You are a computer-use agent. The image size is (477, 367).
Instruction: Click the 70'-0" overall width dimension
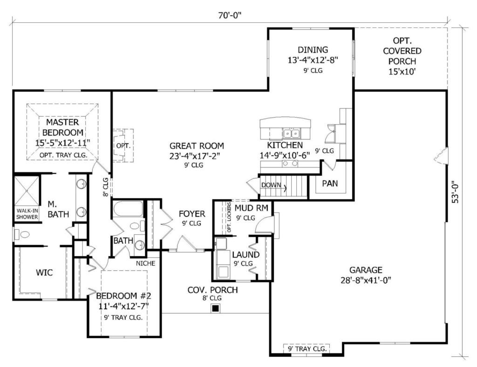click(x=230, y=15)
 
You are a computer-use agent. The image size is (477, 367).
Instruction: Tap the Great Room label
click(x=197, y=146)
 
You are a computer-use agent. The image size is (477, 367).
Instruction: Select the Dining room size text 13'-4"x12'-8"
click(x=313, y=60)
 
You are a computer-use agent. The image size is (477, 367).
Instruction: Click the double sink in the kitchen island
click(x=291, y=133)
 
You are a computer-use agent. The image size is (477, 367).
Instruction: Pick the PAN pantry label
click(x=330, y=183)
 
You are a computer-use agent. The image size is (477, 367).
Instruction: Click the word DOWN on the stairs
click(x=271, y=185)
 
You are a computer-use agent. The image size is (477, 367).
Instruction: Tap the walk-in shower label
click(x=27, y=214)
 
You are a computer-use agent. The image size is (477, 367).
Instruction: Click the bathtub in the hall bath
click(x=128, y=209)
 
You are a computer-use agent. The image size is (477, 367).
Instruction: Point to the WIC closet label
click(x=44, y=272)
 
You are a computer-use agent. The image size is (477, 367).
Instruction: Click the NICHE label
click(x=145, y=263)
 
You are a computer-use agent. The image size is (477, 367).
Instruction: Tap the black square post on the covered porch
click(x=215, y=308)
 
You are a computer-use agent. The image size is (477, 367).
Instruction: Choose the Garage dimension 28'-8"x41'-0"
click(x=366, y=280)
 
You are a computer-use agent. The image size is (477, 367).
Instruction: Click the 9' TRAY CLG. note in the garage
click(x=307, y=348)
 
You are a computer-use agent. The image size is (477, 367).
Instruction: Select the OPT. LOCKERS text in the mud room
click(x=229, y=218)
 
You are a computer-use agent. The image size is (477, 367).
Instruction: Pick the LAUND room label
click(x=246, y=254)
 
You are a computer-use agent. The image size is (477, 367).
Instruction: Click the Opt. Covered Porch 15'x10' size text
click(x=402, y=72)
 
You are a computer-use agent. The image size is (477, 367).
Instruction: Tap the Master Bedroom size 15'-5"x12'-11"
click(x=62, y=143)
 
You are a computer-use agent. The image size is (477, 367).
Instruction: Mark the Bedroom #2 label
click(x=123, y=296)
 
